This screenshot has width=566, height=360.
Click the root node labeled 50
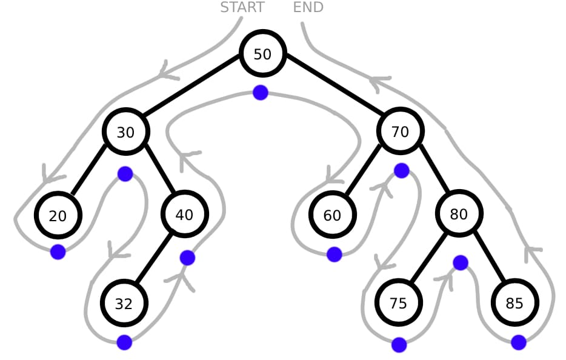pos(262,54)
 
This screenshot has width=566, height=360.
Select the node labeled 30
pos(125,132)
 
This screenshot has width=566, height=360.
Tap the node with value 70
pos(400,132)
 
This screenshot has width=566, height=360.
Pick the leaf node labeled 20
pos(58,215)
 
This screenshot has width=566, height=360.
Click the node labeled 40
pos(184,214)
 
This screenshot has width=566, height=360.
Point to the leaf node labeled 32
pos(124,303)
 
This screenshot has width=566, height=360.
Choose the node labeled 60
pos(332,215)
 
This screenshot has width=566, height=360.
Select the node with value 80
pos(459,214)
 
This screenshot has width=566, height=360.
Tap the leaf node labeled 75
pos(398,303)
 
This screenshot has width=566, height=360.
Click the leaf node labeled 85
pos(514,303)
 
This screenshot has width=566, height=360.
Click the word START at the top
pos(242,7)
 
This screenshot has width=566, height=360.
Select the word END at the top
pos(308,7)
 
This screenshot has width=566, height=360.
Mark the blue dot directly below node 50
pos(261,93)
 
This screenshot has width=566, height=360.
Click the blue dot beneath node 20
pos(58,252)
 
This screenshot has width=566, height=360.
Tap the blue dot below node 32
pos(124,342)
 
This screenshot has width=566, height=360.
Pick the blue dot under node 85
pos(519,342)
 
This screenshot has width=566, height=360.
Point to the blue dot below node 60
pos(334,255)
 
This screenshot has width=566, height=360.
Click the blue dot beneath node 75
pos(399,345)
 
